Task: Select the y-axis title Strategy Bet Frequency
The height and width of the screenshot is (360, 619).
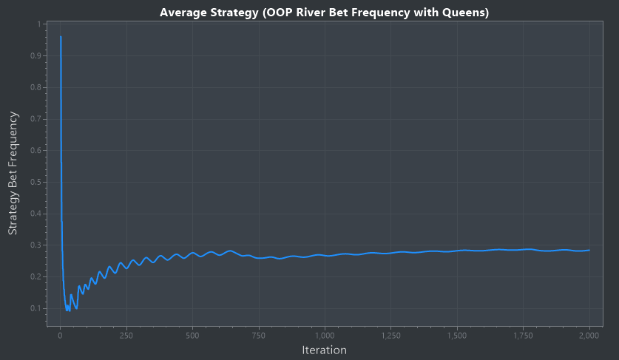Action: point(13,173)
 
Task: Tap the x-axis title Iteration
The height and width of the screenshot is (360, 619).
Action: point(324,349)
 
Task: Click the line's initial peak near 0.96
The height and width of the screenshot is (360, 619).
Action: point(61,36)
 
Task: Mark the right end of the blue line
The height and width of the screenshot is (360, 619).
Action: point(589,250)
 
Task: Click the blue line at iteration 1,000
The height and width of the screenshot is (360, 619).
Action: point(325,255)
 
